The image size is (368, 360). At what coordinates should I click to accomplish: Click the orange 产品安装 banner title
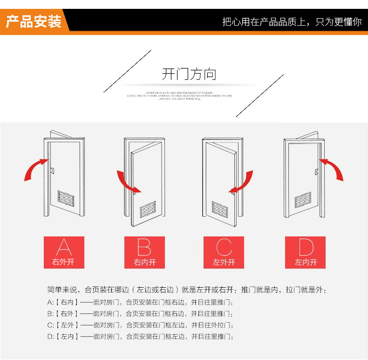34,21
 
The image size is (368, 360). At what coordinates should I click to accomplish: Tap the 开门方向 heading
189,74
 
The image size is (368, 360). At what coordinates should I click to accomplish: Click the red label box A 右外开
64,252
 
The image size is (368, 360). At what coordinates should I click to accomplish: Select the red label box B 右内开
144,252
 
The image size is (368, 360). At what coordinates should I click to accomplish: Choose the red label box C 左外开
224,252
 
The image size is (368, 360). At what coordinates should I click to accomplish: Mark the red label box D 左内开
306,252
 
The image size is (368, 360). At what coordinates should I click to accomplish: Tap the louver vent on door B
148,210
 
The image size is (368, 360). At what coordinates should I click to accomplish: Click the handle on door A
53,171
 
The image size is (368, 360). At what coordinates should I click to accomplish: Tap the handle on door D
316,172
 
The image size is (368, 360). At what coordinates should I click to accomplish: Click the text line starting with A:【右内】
140,302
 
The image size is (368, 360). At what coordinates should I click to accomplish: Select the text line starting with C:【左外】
140,325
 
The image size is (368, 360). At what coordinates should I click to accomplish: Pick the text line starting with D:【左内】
140,337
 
